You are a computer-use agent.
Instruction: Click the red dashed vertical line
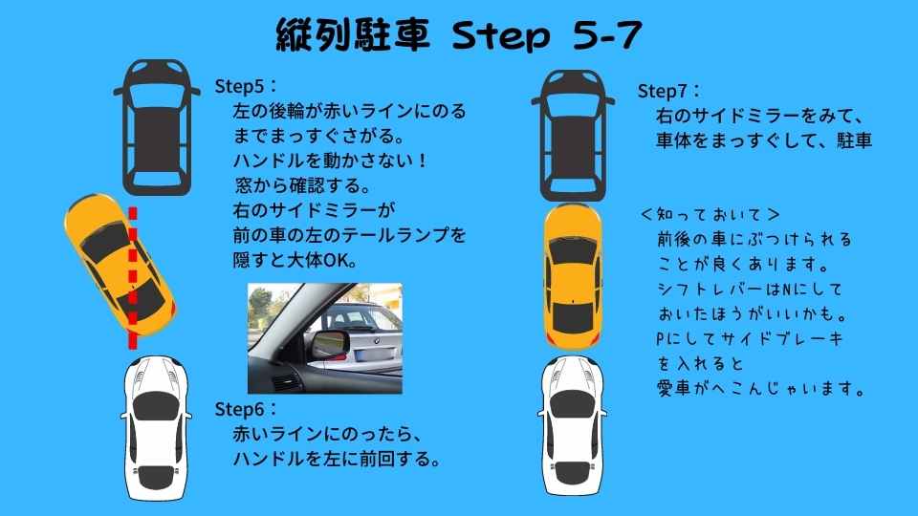(x=133, y=277)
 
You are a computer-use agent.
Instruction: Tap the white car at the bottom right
(x=576, y=426)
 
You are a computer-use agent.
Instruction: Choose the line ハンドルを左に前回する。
(x=337, y=460)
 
